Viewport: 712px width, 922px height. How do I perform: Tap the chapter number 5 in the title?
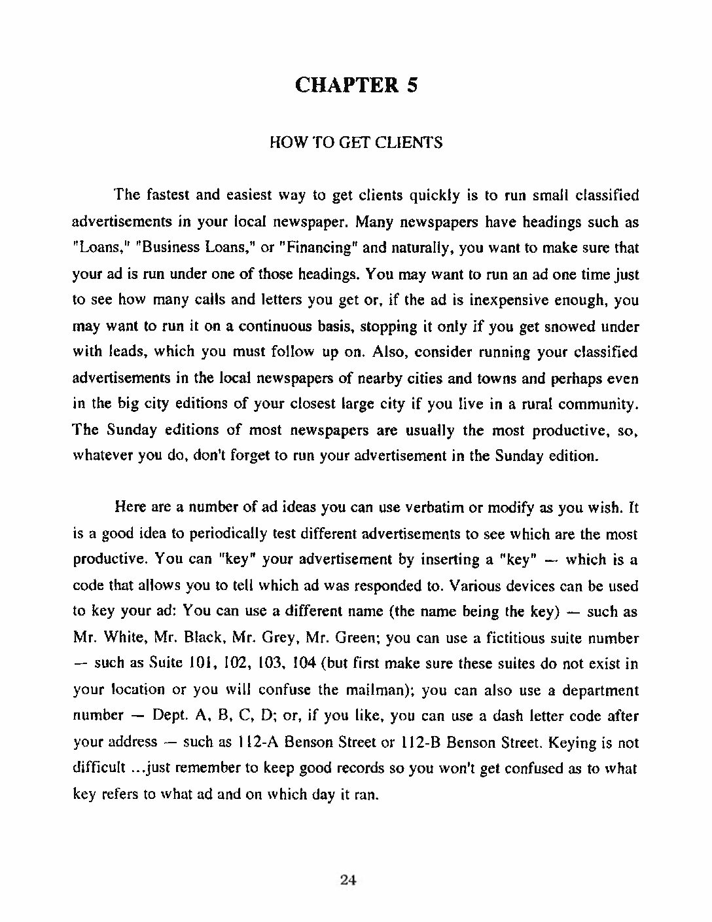[412, 86]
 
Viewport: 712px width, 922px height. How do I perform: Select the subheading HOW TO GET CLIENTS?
[356, 143]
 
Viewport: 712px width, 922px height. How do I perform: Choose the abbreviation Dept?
[169, 716]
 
